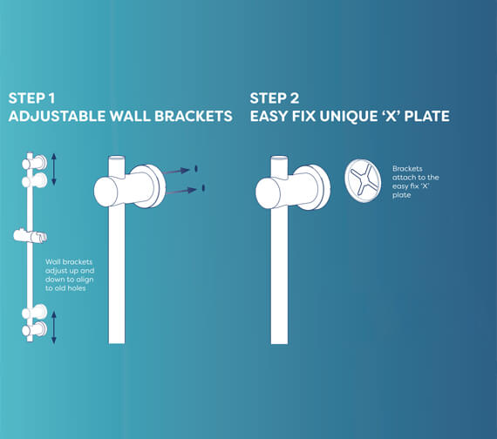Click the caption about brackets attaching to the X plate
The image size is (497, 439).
(x=415, y=182)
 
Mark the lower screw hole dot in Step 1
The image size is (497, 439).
(x=203, y=187)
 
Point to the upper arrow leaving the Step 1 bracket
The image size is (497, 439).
(x=180, y=171)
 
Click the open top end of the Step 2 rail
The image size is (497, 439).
(x=279, y=159)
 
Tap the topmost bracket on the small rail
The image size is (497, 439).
(x=35, y=163)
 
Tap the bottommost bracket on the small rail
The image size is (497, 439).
(x=35, y=329)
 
